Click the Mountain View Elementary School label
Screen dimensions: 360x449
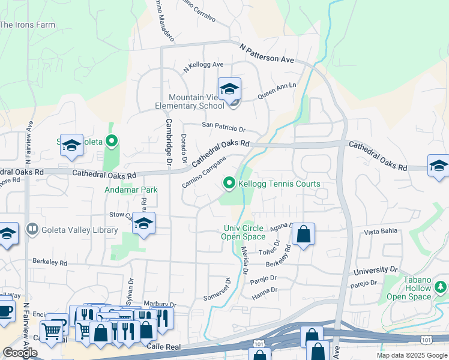[x=196, y=102]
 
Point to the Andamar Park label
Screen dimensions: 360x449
[x=132, y=190]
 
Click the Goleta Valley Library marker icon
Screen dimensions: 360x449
[x=31, y=229]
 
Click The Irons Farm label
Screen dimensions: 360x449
[x=28, y=25]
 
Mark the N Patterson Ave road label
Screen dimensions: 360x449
[x=267, y=52]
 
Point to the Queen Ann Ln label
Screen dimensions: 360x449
[x=277, y=91]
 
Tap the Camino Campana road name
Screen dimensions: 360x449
[x=204, y=171]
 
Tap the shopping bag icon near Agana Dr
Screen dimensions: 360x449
[x=304, y=234]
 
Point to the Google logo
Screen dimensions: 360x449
[x=20, y=353]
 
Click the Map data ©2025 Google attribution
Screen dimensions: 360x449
[x=412, y=355]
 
